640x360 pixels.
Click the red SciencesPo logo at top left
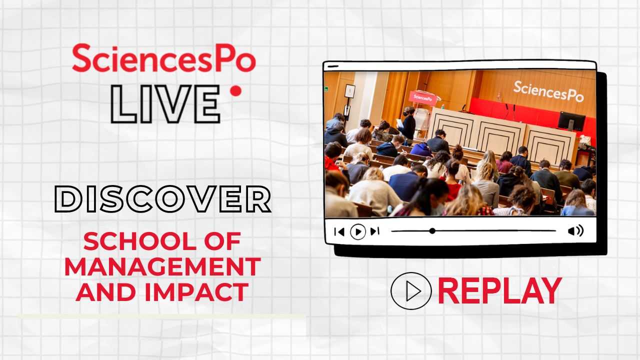click(x=163, y=58)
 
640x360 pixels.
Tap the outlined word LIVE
click(x=165, y=104)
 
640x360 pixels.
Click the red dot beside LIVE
click(x=235, y=91)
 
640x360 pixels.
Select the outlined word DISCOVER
click(x=163, y=199)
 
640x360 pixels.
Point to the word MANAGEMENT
click(x=162, y=266)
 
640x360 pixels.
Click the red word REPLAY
click(x=499, y=291)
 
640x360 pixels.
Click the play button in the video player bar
click(x=358, y=231)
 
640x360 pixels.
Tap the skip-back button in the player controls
click(x=339, y=231)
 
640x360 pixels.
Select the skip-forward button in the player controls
click(x=375, y=231)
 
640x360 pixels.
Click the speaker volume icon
click(x=575, y=230)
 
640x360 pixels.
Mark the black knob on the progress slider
click(x=432, y=231)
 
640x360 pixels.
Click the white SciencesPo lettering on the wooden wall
click(x=548, y=91)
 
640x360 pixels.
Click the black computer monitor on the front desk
click(x=571, y=121)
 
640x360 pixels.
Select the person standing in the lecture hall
click(x=407, y=125)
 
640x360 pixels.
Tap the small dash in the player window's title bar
click(x=333, y=66)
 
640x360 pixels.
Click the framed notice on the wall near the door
click(x=349, y=91)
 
